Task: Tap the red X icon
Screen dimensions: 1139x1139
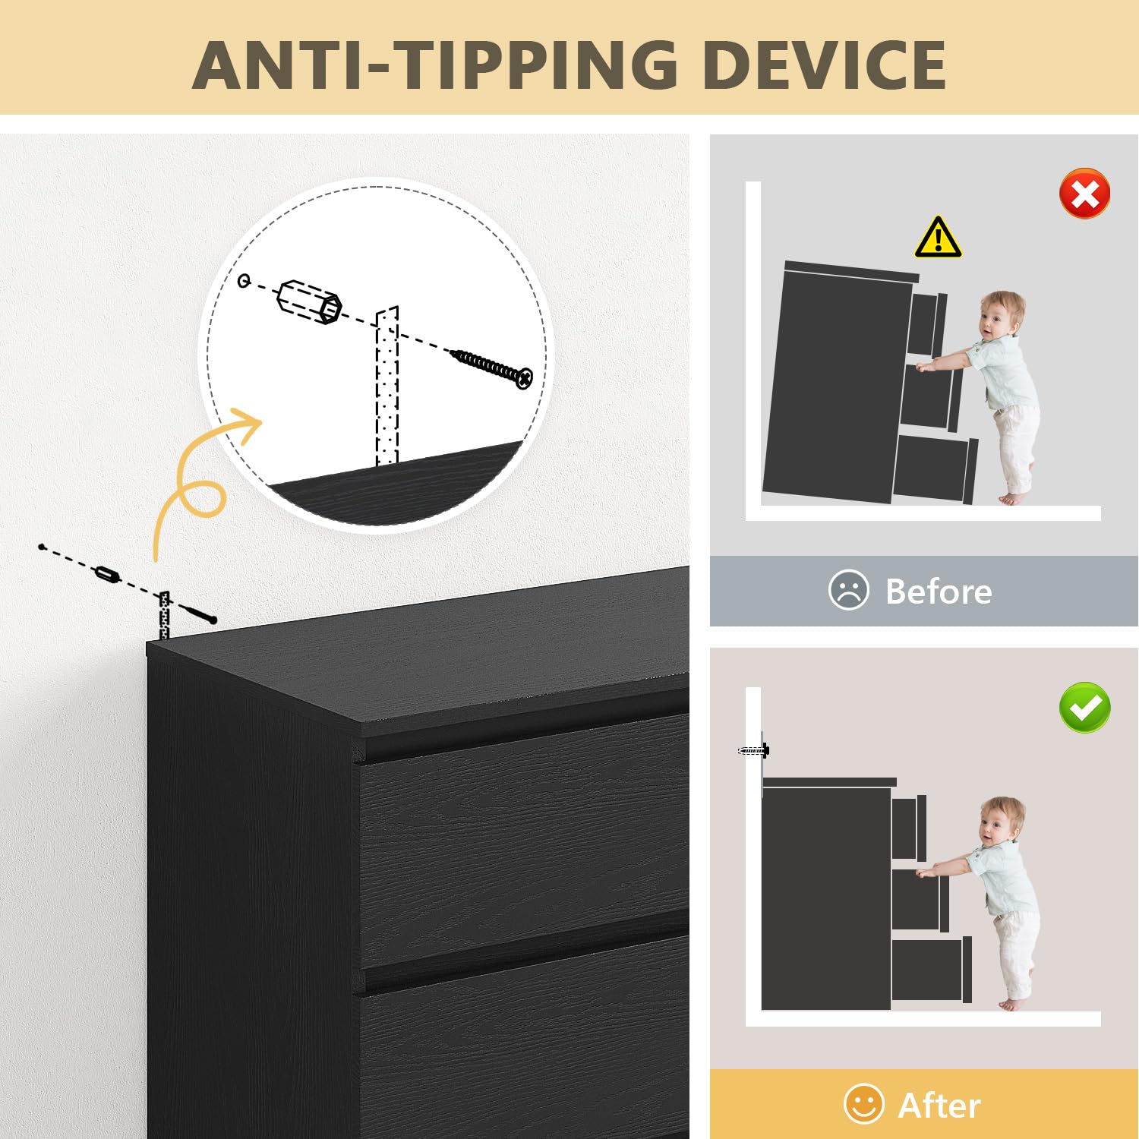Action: click(1085, 194)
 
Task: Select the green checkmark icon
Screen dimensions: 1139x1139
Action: click(1085, 708)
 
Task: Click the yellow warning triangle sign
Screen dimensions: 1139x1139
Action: click(939, 238)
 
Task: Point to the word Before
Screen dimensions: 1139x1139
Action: click(939, 592)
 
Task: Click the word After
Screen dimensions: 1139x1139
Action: click(939, 1106)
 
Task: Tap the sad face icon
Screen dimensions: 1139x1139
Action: click(848, 590)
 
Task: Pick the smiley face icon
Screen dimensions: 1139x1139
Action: click(864, 1104)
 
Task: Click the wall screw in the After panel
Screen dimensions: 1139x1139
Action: click(753, 751)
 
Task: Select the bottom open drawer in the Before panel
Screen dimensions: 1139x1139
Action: click(935, 469)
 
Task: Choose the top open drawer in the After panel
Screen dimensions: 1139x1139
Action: click(910, 827)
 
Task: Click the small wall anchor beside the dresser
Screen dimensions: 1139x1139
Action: click(108, 573)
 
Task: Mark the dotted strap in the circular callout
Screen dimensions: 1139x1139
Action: click(387, 387)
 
